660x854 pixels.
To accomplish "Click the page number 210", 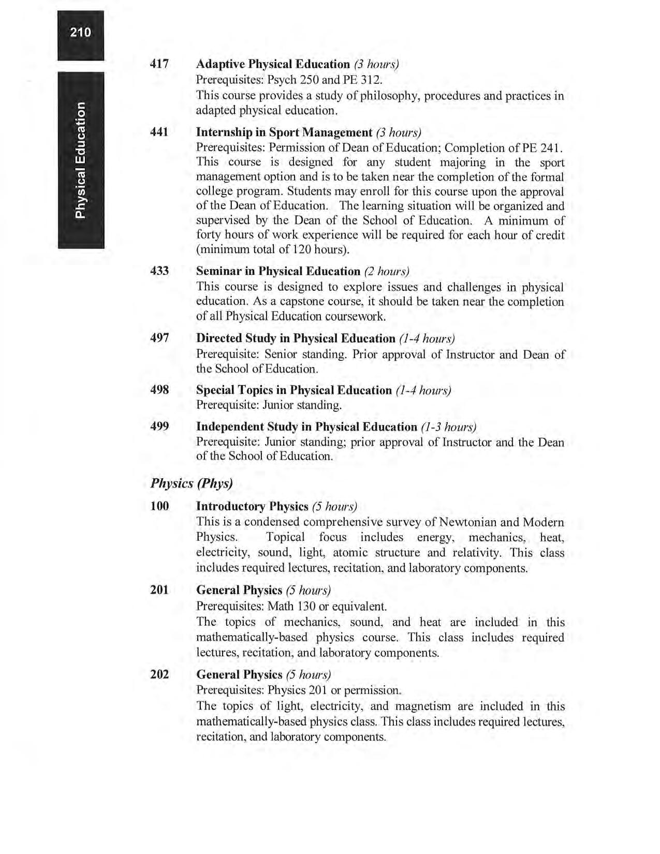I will [81, 33].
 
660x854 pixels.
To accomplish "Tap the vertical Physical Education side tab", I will [81, 160].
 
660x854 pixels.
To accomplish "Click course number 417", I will [159, 64].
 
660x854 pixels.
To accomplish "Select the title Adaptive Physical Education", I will [273, 64].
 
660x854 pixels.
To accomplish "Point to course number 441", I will [159, 132].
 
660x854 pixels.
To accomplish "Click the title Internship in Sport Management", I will [284, 132].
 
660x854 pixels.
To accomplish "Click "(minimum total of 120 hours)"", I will [272, 249].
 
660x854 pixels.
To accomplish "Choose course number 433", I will [159, 271].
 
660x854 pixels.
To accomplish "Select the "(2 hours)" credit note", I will [387, 272].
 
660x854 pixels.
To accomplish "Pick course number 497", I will [159, 338].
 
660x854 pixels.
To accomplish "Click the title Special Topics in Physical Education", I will [294, 390].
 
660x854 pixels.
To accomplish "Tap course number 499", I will [159, 427].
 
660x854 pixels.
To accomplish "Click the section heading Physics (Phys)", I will [192, 483].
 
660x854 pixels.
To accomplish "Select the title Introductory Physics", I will [252, 506].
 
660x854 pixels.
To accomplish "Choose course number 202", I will [159, 675].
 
